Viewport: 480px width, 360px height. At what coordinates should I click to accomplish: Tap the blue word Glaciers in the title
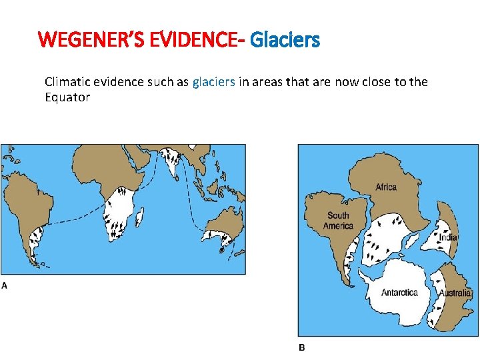[x=285, y=41]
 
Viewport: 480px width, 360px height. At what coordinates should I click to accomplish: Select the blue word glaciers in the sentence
[x=213, y=82]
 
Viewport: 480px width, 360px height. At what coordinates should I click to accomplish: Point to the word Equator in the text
[x=67, y=97]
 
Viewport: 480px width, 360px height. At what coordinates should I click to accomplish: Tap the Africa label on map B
[x=386, y=187]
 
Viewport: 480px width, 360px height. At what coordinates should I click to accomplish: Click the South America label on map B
[x=339, y=221]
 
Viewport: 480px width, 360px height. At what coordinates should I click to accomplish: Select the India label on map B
[x=447, y=237]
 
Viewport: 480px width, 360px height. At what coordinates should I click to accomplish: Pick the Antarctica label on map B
[x=399, y=293]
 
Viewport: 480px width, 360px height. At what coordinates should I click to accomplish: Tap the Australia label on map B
[x=455, y=293]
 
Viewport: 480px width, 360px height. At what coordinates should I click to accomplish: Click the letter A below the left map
[x=5, y=285]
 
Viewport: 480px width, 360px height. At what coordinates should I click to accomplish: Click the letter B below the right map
[x=301, y=347]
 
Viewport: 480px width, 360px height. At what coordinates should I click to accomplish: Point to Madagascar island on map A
[x=139, y=216]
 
